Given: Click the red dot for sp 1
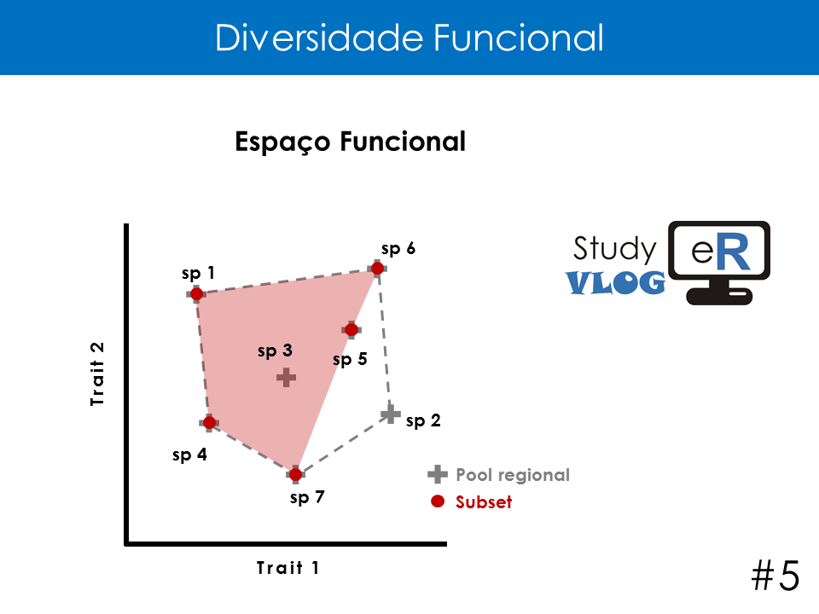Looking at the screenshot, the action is click(x=196, y=294).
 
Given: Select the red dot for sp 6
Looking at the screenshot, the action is click(x=377, y=269).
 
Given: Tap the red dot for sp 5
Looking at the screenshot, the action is click(x=351, y=329).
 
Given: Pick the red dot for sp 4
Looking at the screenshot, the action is click(x=209, y=422).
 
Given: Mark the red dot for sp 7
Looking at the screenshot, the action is click(x=296, y=475).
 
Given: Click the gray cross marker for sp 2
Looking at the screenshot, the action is click(x=390, y=414).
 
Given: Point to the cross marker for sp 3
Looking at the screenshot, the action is click(x=287, y=377).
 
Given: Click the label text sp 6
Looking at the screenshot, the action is click(x=398, y=249).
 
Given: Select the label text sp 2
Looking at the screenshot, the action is click(x=423, y=420).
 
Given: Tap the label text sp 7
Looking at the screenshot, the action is click(x=307, y=497).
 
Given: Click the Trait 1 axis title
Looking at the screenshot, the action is click(x=288, y=568).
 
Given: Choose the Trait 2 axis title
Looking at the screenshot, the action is click(x=97, y=374).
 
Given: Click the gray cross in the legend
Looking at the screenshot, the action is click(x=438, y=474).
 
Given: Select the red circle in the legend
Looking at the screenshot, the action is click(x=438, y=501).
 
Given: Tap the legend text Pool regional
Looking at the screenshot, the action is click(x=513, y=475).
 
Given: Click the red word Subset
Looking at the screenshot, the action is click(x=484, y=501).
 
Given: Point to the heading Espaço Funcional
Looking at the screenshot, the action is click(x=350, y=142).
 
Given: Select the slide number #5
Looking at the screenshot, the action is click(x=775, y=576).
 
